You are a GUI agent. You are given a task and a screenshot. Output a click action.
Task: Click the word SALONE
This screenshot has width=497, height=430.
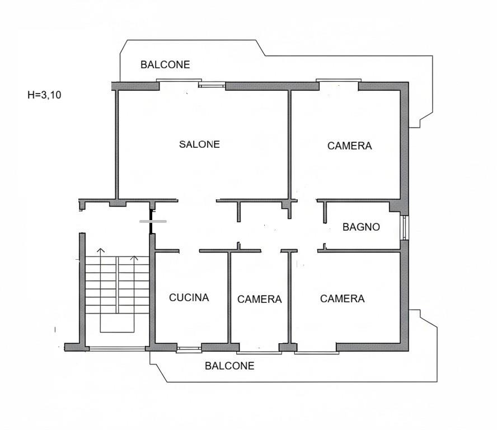click(199, 144)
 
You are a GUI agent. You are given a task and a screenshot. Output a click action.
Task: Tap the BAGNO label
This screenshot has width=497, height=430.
click(361, 227)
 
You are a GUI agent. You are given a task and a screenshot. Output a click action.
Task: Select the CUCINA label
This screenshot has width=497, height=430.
click(189, 297)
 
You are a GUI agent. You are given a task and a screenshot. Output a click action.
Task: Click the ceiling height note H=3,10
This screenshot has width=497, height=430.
click(44, 95)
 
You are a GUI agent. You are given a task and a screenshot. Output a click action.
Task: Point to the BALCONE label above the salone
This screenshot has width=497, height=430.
click(165, 65)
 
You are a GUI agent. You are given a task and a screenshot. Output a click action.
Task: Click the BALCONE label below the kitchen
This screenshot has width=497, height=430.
click(229, 366)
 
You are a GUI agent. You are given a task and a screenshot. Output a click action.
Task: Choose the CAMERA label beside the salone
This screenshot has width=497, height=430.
click(349, 146)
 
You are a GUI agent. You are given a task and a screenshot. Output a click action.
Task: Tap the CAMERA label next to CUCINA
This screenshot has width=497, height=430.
click(259, 300)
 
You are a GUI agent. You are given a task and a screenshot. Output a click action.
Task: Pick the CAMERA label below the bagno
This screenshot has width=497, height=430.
click(343, 299)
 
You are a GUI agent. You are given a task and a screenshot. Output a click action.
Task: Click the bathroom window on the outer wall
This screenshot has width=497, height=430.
click(405, 228)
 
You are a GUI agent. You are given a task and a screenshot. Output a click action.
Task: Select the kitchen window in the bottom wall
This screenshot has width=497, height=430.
click(189, 350)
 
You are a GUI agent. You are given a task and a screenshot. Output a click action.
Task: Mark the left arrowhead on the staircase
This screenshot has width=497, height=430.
click(101, 250)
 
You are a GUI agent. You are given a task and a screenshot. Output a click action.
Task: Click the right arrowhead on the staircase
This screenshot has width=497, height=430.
click(134, 258)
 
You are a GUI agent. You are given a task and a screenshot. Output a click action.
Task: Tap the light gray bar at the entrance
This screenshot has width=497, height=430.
click(153, 221)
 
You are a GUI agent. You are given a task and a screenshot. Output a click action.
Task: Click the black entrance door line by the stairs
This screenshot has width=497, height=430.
click(151, 222)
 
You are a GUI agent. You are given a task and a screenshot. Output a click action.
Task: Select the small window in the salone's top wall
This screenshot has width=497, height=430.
click(212, 85)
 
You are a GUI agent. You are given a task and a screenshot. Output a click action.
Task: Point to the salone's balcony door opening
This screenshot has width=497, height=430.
click(180, 81)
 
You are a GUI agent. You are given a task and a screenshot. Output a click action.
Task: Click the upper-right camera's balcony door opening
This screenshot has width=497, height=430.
click(339, 81)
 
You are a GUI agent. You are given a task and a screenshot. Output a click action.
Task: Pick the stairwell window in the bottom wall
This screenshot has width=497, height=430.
click(117, 348)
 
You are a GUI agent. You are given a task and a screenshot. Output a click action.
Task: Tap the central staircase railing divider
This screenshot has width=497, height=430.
click(118, 285)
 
